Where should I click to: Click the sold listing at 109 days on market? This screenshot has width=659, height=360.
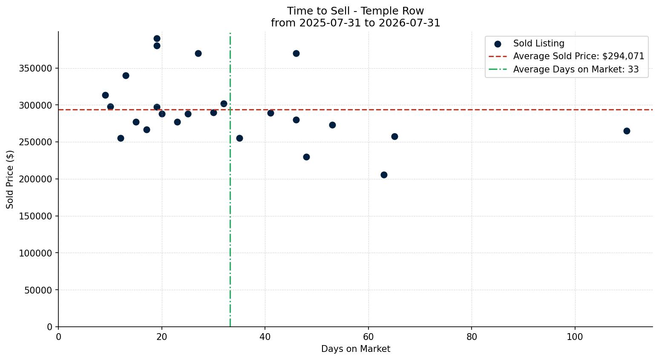627,131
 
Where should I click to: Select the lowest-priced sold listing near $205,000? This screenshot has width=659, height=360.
384,175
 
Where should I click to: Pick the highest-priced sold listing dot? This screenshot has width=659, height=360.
157,38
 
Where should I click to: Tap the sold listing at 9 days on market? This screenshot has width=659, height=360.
105,95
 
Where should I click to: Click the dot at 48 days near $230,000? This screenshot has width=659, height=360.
306,157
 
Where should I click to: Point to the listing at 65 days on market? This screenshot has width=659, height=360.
394,136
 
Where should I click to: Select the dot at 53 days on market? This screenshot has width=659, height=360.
332,125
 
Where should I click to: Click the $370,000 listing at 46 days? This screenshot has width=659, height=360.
296,53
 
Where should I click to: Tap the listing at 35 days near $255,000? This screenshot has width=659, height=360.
239,138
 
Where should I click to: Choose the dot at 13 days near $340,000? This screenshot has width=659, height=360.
126,75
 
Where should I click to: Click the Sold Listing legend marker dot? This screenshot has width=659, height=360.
498,44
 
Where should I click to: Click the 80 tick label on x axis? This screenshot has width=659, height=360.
472,337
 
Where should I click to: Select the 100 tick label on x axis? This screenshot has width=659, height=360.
575,337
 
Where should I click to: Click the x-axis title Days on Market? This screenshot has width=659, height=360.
356,349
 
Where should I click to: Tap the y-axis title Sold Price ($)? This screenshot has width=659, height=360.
10,179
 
